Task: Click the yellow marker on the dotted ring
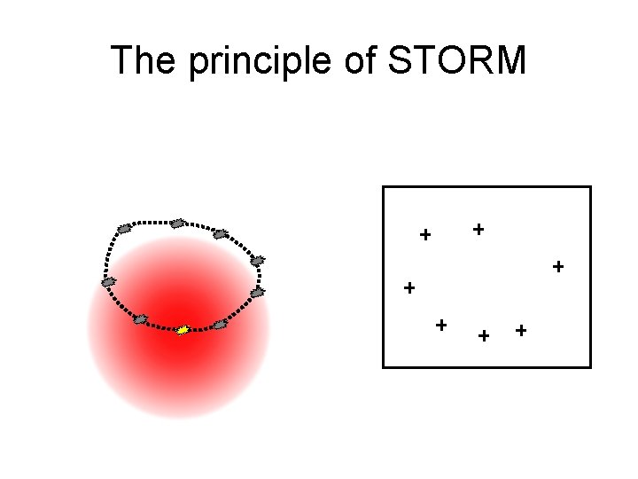point(183,330)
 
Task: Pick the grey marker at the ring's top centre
point(177,223)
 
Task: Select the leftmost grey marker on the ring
point(109,282)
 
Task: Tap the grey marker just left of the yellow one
point(140,319)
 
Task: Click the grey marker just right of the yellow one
point(220,325)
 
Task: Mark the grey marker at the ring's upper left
point(124,229)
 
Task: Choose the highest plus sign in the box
point(478,229)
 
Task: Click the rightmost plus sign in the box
point(558,265)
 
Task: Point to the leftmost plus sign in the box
point(408,287)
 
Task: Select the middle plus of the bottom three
point(484,335)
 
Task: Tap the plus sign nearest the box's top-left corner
point(425,235)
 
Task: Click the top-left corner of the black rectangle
point(383,186)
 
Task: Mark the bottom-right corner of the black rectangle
point(590,366)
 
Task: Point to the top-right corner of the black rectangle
point(590,186)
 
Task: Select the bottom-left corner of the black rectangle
point(383,366)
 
